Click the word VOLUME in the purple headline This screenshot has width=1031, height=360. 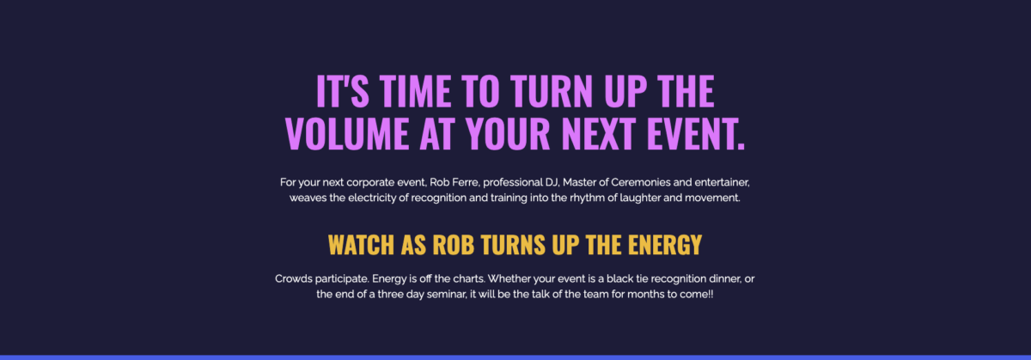point(347,133)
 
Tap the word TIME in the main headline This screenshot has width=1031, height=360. point(415,91)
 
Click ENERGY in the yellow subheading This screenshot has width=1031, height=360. point(665,245)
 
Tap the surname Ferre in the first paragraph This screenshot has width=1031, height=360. point(466,182)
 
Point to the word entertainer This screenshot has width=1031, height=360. point(723,182)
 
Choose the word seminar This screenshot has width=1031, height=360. point(447,294)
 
